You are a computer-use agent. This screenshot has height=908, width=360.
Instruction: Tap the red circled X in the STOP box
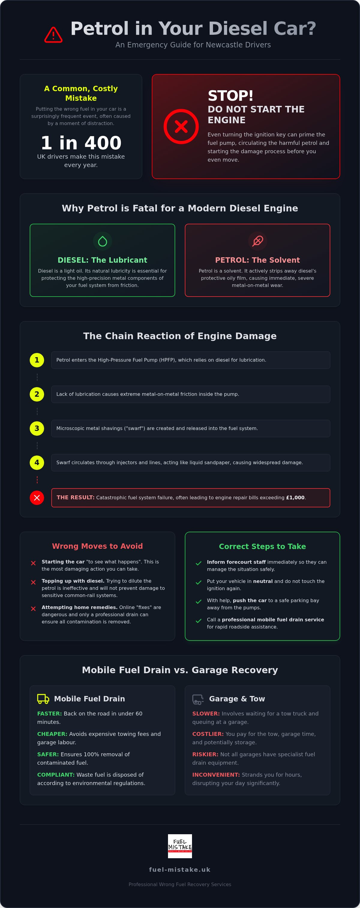click(x=181, y=126)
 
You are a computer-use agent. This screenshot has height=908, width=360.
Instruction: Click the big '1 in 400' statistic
click(x=81, y=143)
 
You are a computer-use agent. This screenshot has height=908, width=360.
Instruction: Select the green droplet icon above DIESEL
click(x=102, y=241)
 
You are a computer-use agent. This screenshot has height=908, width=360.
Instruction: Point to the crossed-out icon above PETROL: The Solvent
click(x=257, y=241)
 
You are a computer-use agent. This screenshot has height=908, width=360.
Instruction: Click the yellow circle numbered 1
click(x=37, y=360)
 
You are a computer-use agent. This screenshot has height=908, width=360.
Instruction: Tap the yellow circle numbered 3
click(x=37, y=428)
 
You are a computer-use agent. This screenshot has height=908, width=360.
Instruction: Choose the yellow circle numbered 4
click(x=37, y=462)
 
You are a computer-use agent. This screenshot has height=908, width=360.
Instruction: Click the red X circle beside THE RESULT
click(x=37, y=498)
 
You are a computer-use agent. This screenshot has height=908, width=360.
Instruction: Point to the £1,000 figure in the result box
click(x=295, y=498)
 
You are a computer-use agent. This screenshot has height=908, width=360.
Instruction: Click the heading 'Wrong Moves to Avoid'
click(x=97, y=546)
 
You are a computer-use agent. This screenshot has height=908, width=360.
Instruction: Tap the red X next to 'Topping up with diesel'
click(x=33, y=582)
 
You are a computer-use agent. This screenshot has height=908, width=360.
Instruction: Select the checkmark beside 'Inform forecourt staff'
click(x=199, y=563)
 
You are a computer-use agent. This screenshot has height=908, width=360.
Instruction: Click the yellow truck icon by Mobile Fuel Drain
click(x=43, y=699)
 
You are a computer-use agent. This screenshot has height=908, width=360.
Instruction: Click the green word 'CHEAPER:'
click(x=52, y=734)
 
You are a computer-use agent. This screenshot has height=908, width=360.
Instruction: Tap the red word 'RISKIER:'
click(x=205, y=754)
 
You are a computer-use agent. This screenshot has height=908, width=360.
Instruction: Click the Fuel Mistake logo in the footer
click(x=180, y=846)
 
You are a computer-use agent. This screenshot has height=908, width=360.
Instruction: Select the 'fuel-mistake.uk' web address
click(x=180, y=870)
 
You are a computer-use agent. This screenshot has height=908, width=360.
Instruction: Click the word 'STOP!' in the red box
click(x=231, y=96)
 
